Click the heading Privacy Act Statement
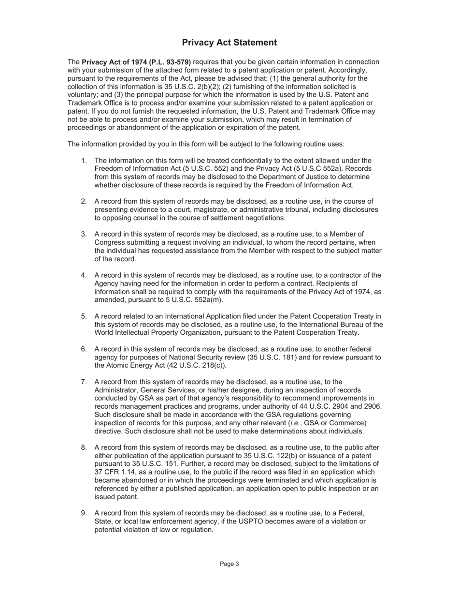[229, 43]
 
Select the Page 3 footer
[229, 564]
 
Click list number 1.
[84, 161]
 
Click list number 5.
[84, 316]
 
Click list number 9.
[84, 513]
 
